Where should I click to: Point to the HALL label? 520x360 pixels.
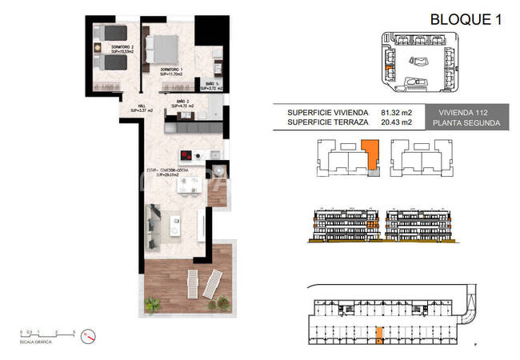pyautogui.click(x=141, y=108)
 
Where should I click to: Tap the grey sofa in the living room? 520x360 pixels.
pyautogui.click(x=154, y=222)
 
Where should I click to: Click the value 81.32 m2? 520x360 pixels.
pyautogui.click(x=397, y=113)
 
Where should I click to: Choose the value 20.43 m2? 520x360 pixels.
pyautogui.click(x=397, y=123)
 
